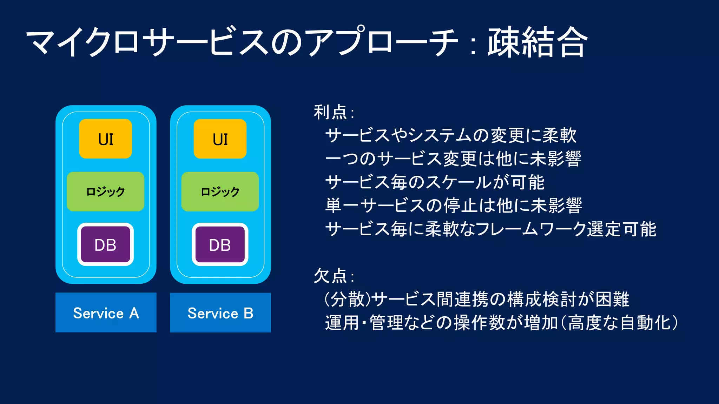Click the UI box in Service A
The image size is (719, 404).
pos(105,139)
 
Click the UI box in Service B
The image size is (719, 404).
pos(220,139)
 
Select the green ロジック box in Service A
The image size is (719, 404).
pos(105,191)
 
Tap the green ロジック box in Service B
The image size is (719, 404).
pos(220,191)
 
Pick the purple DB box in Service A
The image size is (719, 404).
pos(105,244)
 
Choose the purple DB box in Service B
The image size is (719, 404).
pos(220,244)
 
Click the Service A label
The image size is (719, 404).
pos(106,312)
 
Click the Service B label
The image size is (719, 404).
pos(220,312)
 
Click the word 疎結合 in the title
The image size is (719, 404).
pos(537,42)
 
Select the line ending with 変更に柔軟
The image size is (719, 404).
pos(450,135)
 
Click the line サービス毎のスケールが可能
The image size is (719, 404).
pos(435,182)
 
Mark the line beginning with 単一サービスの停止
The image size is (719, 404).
pos(453,206)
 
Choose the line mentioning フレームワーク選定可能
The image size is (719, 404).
pos(490,229)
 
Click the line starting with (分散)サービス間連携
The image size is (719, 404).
pos(476,299)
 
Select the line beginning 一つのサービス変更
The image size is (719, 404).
pos(453,159)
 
